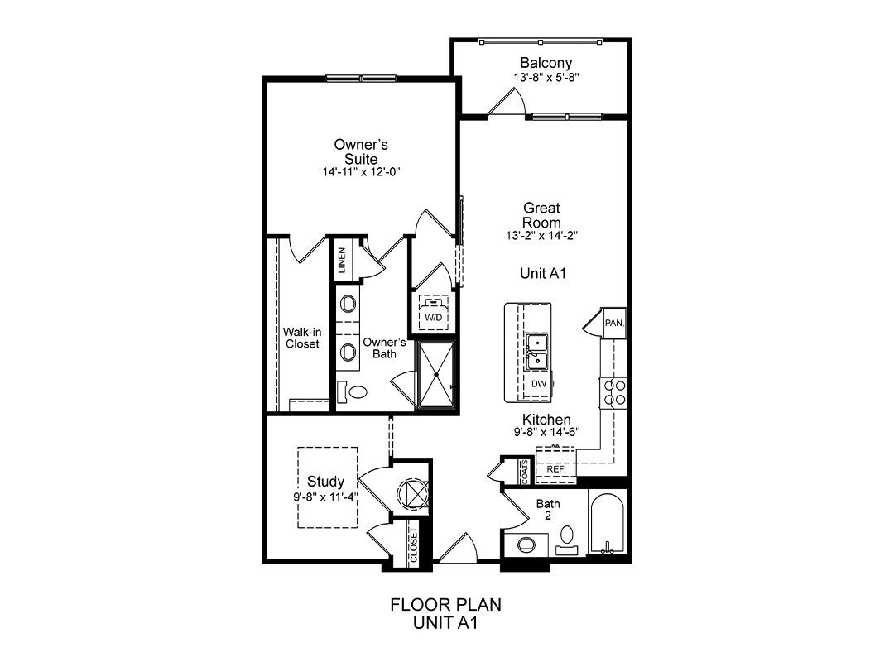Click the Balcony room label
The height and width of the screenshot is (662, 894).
(546, 63)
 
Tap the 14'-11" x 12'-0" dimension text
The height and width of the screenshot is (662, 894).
(362, 171)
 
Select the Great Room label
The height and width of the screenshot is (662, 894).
(541, 215)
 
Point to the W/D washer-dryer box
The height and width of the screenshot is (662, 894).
(434, 312)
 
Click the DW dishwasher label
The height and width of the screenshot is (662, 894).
(539, 384)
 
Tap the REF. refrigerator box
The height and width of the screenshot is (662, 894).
(555, 465)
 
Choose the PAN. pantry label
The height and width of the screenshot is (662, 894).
(614, 323)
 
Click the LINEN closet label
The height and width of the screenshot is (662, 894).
(342, 260)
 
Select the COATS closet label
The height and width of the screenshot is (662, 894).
(524, 472)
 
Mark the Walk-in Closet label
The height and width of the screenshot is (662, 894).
(302, 338)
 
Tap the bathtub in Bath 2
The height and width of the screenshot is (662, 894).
(608, 524)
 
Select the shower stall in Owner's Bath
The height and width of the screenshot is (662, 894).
(436, 375)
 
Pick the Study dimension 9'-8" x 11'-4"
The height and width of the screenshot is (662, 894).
(325, 496)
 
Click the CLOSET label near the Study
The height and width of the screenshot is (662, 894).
(413, 544)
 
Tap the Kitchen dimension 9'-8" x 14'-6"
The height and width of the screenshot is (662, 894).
(547, 432)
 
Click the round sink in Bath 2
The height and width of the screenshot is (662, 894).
(526, 544)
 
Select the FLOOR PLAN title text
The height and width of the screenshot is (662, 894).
(446, 604)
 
